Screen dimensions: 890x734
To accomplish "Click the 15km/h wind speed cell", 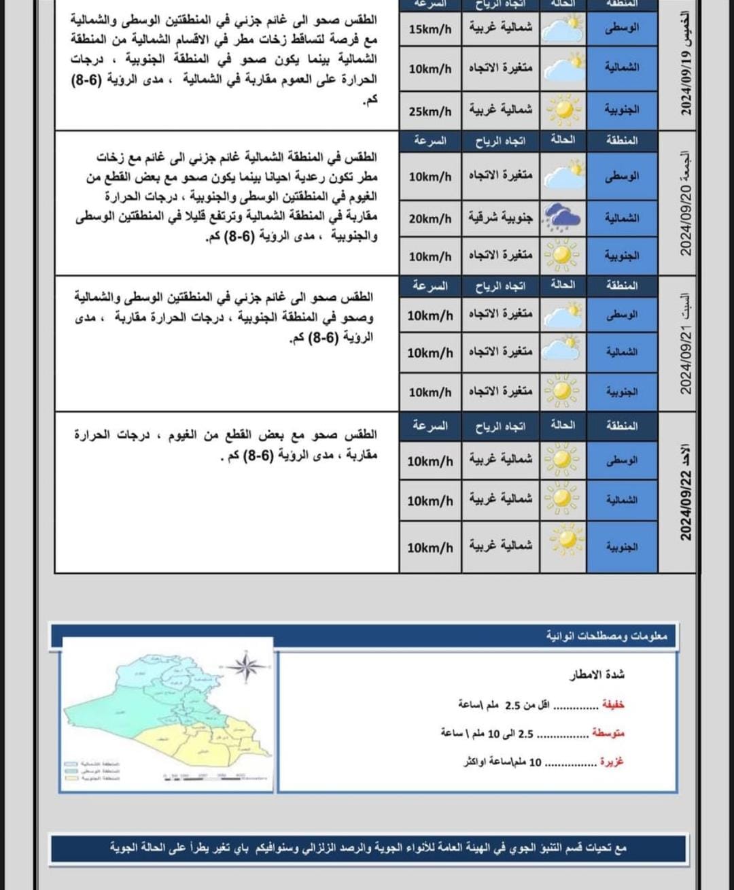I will [430, 29].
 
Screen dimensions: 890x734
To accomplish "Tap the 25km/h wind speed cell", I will [430, 111].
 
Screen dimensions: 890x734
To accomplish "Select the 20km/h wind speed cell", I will [430, 218].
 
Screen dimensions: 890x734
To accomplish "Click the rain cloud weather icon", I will [563, 217].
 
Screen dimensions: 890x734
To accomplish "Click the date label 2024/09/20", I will [686, 204].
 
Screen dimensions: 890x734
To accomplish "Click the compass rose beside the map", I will [246, 666].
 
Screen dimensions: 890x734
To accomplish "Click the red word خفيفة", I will [612, 704].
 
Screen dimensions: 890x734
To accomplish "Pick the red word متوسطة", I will [608, 733].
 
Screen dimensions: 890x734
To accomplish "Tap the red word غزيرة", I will [611, 761].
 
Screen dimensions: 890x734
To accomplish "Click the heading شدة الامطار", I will [597, 674].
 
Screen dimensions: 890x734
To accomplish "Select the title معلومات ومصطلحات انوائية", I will [606, 636].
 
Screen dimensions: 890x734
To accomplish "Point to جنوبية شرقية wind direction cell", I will [500, 218].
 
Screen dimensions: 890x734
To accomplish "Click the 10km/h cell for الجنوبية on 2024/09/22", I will [430, 547].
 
